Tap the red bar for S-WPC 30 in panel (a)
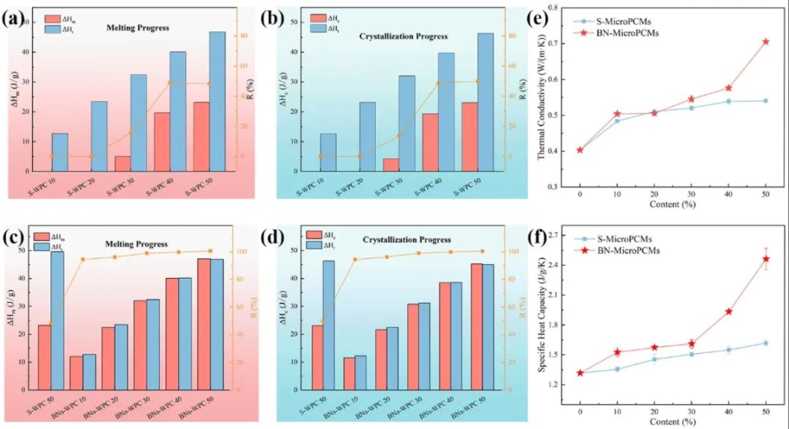[x=123, y=164]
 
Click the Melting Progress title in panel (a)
[x=138, y=28]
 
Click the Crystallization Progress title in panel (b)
[x=403, y=36]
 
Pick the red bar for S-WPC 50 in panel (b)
[x=470, y=137]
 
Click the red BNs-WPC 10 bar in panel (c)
[x=76, y=373]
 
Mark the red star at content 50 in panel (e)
[x=766, y=42]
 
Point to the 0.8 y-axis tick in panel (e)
[x=554, y=8]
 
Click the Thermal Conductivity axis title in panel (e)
[x=542, y=97]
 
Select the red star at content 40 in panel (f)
[x=729, y=311]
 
